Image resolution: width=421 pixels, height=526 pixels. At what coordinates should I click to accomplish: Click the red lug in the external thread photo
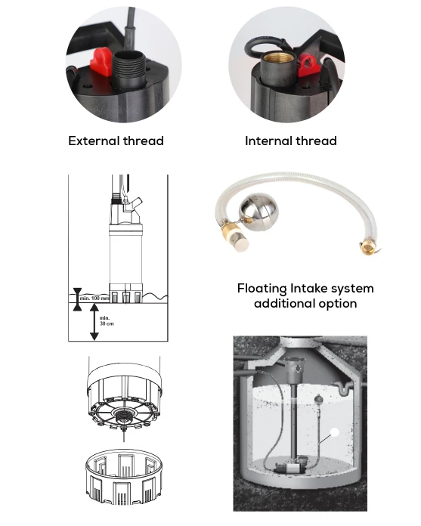point(101,61)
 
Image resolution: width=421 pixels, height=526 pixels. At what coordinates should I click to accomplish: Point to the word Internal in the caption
point(268,141)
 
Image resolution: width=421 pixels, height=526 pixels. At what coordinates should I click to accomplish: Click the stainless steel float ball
point(258,212)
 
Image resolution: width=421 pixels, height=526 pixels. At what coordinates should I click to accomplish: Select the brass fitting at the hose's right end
point(367,247)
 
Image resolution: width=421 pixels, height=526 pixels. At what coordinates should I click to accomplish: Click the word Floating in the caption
point(262,289)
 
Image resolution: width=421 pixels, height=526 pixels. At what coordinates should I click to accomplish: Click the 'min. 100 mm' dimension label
point(94,299)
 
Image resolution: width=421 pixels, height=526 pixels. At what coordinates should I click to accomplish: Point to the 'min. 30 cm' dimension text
point(107,320)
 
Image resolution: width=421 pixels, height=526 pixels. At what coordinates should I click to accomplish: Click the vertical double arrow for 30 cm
point(94,322)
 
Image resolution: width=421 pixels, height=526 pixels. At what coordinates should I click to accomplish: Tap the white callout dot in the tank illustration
point(334,432)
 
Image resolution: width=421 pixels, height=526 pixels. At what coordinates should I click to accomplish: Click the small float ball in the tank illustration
point(317,399)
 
